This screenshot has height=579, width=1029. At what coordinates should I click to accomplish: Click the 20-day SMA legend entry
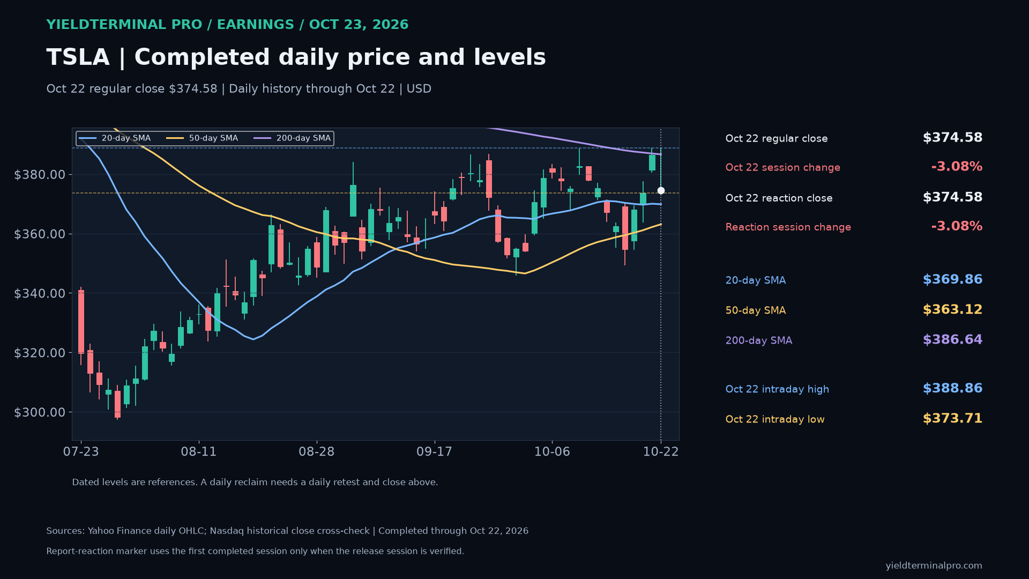[115, 138]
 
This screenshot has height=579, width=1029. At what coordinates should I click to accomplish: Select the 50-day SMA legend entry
[202, 138]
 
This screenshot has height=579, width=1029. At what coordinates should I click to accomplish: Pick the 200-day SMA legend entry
[292, 138]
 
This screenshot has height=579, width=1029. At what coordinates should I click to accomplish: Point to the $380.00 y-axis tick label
[40, 175]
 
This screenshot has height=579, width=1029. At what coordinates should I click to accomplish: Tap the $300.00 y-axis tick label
[40, 412]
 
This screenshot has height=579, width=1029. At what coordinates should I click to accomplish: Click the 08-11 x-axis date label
[199, 452]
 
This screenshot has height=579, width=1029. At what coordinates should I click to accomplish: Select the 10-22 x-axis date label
[661, 452]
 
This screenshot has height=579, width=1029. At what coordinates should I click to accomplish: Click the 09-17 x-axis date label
[434, 452]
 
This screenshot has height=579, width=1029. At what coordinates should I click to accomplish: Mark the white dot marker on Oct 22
[661, 191]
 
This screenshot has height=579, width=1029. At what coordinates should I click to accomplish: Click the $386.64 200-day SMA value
[952, 340]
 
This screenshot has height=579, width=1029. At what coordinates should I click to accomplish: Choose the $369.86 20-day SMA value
[952, 280]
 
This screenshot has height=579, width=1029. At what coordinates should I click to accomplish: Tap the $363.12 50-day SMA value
[952, 310]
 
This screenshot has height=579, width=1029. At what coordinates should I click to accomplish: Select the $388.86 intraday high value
[952, 389]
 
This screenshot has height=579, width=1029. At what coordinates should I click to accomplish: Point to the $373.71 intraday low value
[952, 419]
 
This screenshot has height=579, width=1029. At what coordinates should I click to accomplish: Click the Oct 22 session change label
[782, 168]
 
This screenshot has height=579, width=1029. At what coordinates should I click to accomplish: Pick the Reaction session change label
[788, 227]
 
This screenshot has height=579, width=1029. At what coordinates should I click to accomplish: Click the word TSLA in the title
[78, 57]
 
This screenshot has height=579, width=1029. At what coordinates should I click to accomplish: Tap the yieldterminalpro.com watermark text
[934, 566]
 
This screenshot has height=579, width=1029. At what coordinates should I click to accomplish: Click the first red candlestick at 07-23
[81, 322]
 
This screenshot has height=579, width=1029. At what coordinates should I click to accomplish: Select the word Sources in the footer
[65, 531]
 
